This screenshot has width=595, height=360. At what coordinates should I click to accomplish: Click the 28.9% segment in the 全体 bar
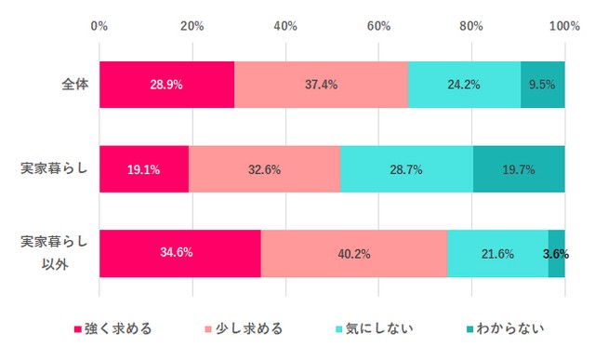click(x=166, y=85)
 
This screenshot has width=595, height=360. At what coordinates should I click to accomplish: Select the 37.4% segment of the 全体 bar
click(x=321, y=85)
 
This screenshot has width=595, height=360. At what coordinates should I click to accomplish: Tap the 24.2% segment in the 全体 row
click(x=464, y=85)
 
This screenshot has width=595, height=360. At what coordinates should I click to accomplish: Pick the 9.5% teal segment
click(x=543, y=85)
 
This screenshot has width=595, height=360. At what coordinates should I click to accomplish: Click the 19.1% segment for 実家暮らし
click(x=144, y=169)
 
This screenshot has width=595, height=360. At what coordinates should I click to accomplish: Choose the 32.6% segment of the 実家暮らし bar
click(x=264, y=169)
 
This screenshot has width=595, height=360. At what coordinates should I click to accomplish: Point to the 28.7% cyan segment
click(x=406, y=169)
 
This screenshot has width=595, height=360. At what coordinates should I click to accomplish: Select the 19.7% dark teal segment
click(x=519, y=169)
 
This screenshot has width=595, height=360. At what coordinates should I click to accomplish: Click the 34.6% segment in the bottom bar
click(x=179, y=253)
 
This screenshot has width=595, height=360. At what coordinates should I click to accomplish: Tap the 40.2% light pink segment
click(x=354, y=253)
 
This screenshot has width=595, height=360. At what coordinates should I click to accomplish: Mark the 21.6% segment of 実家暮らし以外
click(x=497, y=253)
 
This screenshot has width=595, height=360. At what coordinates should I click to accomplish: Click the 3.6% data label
click(x=556, y=253)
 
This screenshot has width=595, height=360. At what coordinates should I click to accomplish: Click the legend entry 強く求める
click(x=112, y=328)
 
